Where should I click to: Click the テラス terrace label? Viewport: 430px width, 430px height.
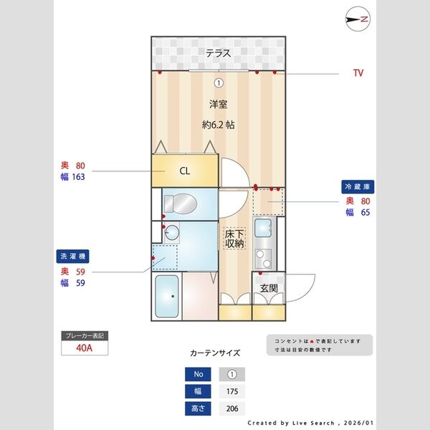tap(219, 53)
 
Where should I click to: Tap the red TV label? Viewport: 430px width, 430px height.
tap(358, 73)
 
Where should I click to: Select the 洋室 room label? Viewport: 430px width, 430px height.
tap(219, 104)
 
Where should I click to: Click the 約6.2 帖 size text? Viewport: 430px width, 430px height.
tap(219, 124)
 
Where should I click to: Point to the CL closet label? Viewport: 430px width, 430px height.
tap(184, 171)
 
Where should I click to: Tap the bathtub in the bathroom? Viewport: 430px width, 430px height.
tap(168, 297)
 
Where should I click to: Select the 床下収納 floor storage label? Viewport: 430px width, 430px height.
tap(234, 239)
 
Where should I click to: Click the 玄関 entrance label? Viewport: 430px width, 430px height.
tap(269, 288)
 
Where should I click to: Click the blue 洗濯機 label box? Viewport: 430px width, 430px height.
tap(72, 256)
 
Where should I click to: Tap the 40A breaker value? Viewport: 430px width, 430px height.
tap(85, 349)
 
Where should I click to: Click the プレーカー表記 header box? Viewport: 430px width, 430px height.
tap(85, 335)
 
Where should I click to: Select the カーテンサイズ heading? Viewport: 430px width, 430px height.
tap(215, 353)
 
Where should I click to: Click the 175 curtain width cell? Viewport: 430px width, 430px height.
tap(231, 392)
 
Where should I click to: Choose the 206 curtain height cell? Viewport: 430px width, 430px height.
tap(231, 409)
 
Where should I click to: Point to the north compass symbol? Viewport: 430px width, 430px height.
tap(357, 19)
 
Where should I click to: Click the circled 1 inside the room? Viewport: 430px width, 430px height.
tap(219, 82)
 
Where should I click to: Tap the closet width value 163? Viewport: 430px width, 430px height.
tap(74, 177)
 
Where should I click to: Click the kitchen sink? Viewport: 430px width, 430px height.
tap(264, 229)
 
